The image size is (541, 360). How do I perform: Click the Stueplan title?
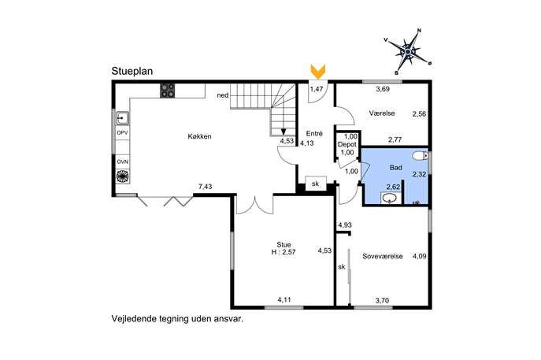(x=132, y=72)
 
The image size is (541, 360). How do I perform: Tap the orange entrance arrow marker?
(x=318, y=72)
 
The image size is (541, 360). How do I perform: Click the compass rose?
(x=408, y=52)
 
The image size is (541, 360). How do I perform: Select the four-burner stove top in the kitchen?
(x=167, y=91)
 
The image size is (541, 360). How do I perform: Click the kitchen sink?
(x=122, y=118)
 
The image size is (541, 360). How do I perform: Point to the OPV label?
(x=122, y=133)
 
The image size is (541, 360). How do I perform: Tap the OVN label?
(x=122, y=161)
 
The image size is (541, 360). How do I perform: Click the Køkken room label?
(x=199, y=136)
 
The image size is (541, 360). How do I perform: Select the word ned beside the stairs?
(x=223, y=95)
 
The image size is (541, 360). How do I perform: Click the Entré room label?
(x=314, y=134)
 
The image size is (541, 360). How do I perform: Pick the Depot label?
(x=346, y=145)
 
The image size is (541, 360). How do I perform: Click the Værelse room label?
(x=382, y=113)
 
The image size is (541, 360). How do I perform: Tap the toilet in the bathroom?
(x=421, y=156)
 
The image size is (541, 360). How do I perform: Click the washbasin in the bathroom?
(x=391, y=199)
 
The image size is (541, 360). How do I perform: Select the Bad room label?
(x=396, y=168)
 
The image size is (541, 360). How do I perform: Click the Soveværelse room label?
(x=383, y=256)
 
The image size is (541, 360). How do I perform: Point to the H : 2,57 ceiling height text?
(x=283, y=252)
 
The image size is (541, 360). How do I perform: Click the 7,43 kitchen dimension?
(x=205, y=187)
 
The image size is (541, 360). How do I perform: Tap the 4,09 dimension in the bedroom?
(x=420, y=256)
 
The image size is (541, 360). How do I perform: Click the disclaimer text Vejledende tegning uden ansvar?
(x=177, y=319)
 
